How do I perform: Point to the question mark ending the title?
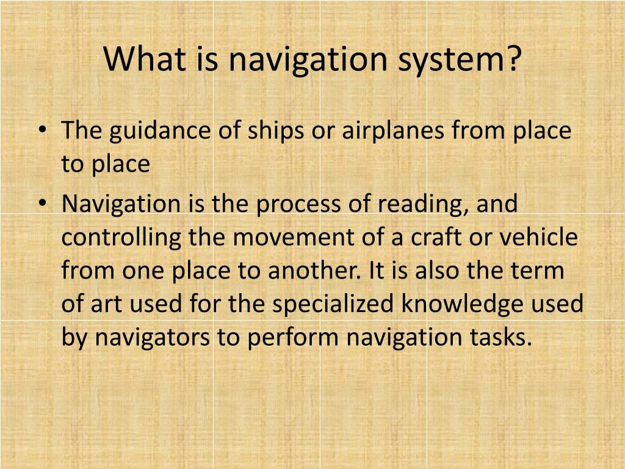click(x=514, y=59)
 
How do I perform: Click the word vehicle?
click(x=540, y=238)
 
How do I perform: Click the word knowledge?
click(x=464, y=304)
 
